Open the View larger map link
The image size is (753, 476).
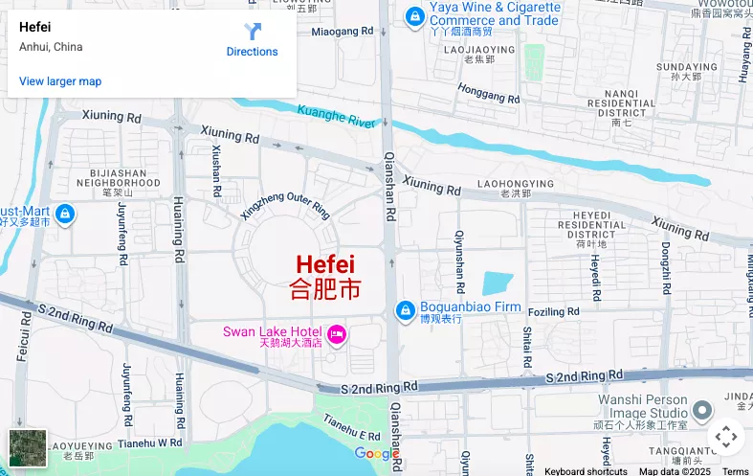pyautogui.click(x=60, y=81)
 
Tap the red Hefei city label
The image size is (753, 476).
pyautogui.click(x=325, y=264)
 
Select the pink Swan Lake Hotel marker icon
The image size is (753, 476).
pyautogui.click(x=336, y=333)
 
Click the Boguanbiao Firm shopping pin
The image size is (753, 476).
pyautogui.click(x=405, y=311)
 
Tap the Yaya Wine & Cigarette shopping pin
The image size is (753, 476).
pyautogui.click(x=414, y=16)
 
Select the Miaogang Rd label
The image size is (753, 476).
pyautogui.click(x=342, y=32)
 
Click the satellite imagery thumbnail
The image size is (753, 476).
pyautogui.click(x=28, y=447)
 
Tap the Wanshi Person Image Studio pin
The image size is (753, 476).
pyautogui.click(x=702, y=411)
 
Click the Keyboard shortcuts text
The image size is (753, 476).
pyautogui.click(x=586, y=470)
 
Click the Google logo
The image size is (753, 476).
pyautogui.click(x=375, y=453)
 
